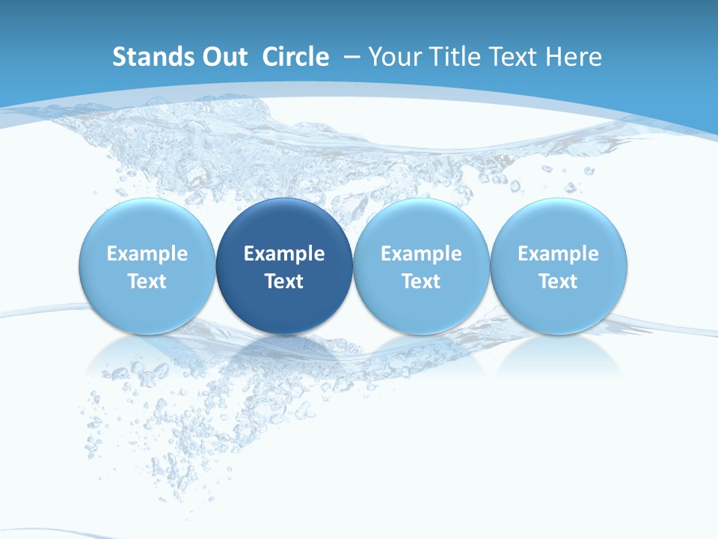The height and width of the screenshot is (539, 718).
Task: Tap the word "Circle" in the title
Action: pyautogui.click(x=295, y=57)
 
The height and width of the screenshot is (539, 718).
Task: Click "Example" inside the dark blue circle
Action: pyautogui.click(x=284, y=254)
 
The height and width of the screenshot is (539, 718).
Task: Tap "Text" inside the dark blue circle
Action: pyautogui.click(x=284, y=281)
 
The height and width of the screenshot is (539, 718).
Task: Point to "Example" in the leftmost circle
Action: pyautogui.click(x=147, y=254)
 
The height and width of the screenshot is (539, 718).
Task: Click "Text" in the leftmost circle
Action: pyautogui.click(x=147, y=281)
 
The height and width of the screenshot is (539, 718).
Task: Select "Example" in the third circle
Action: pyautogui.click(x=421, y=254)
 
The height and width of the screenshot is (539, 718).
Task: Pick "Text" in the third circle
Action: pyautogui.click(x=421, y=281)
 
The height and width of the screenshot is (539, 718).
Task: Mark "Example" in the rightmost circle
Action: pyautogui.click(x=559, y=254)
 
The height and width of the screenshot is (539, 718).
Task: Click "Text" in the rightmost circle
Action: pyautogui.click(x=559, y=281)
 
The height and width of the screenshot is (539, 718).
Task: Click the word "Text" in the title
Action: pyautogui.click(x=515, y=57)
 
